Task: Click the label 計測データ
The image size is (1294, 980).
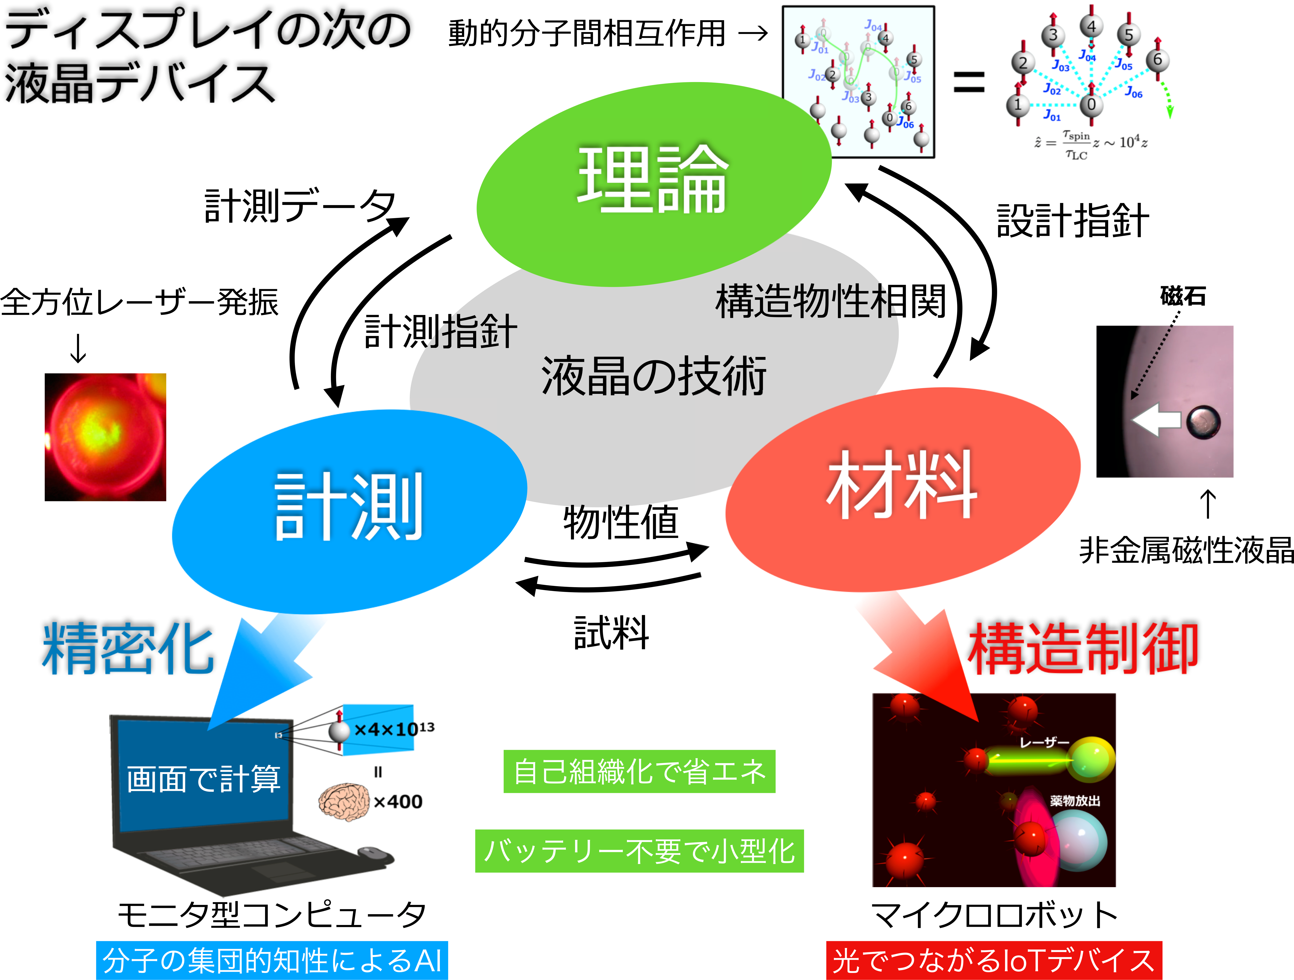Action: [x=299, y=206]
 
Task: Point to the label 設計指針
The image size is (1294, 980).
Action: [x=1072, y=221]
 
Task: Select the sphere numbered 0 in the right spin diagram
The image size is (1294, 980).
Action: [x=1091, y=105]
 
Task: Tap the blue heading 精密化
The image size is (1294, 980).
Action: [x=127, y=648]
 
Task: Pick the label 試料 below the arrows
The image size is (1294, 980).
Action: [x=611, y=633]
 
